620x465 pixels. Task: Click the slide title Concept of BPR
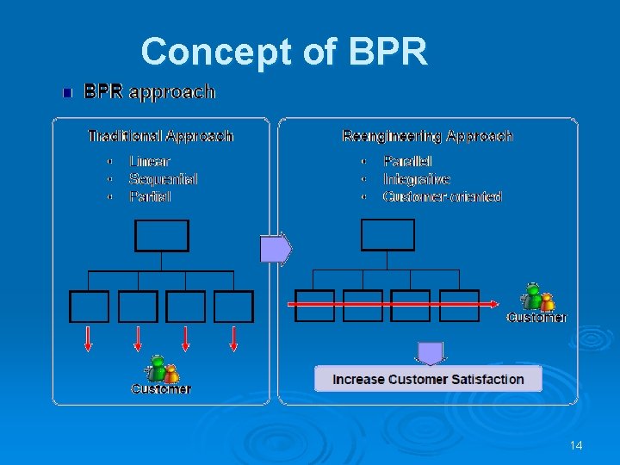tap(284, 52)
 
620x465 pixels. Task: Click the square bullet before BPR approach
tap(68, 92)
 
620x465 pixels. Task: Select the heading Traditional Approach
tap(161, 136)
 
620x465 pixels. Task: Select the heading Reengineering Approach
tap(427, 136)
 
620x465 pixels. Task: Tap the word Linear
tap(150, 161)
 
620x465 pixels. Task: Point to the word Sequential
tap(163, 179)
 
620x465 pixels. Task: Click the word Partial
tap(150, 196)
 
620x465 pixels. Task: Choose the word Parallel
tap(407, 161)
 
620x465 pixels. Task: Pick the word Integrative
tap(416, 179)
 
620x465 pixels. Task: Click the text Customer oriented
tap(442, 196)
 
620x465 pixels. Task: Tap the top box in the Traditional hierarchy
tap(161, 235)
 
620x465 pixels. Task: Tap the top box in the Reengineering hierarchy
tap(387, 234)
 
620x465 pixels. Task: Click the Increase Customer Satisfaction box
tap(428, 379)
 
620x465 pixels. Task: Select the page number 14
tap(576, 445)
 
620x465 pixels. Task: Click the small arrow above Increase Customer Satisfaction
tap(429, 353)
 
